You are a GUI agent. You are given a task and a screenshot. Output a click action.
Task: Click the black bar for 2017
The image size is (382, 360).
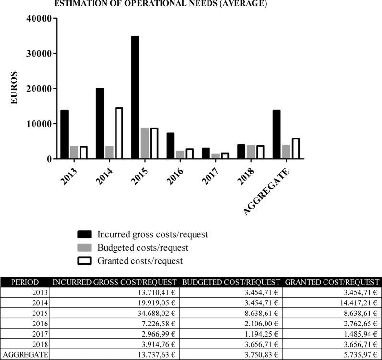pos(206,153)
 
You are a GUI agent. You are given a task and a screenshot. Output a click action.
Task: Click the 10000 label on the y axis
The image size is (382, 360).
pos(40,124)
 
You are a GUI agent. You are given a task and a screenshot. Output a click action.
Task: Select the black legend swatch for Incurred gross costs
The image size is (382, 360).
pos(84,235)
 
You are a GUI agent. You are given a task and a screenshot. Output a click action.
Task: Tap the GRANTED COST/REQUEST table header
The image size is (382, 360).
pos(332,282)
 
